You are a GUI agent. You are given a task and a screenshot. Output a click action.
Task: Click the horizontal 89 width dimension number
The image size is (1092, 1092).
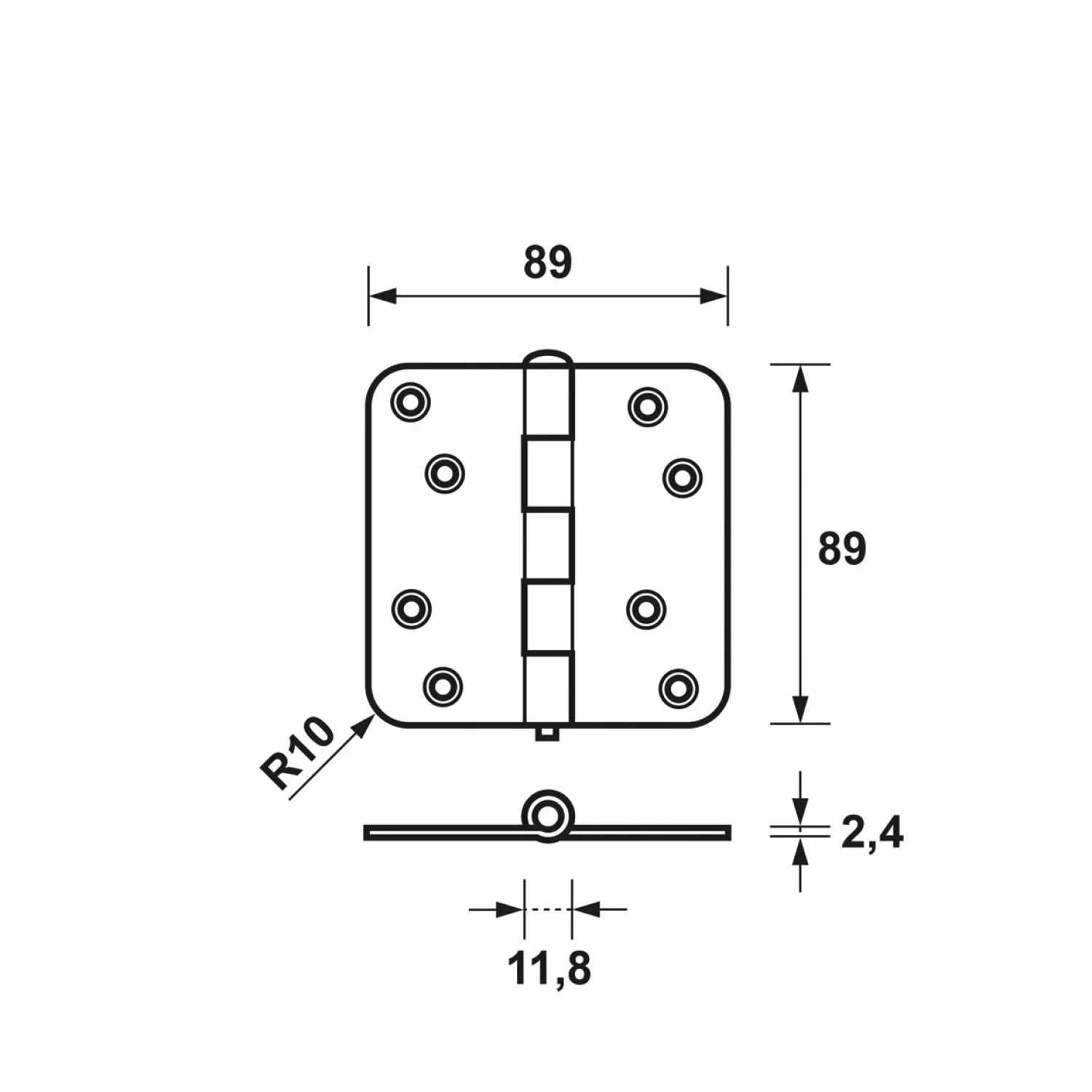point(547,264)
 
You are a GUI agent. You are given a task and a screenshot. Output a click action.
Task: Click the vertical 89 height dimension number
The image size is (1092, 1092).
point(842,549)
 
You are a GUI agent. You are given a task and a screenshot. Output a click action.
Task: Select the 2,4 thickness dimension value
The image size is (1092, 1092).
point(871,834)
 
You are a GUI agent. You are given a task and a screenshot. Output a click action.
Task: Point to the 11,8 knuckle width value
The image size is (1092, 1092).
point(549,969)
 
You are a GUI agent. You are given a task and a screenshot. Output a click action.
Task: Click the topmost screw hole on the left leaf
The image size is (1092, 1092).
point(411,402)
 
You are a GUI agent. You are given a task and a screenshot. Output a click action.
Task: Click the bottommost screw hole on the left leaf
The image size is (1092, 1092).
point(443,686)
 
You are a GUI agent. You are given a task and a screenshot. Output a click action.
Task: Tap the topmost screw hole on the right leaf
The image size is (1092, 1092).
point(647,405)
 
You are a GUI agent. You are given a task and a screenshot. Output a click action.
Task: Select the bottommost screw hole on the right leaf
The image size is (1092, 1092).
point(678,686)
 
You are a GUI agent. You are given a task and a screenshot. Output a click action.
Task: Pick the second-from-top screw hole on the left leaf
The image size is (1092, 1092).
point(445,474)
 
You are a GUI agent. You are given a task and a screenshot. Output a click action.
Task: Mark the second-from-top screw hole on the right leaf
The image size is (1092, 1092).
point(682,478)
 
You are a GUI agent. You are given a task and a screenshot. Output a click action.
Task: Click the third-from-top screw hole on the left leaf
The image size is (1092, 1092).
point(411,607)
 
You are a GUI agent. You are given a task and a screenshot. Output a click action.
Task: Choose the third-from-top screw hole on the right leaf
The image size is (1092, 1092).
point(646,608)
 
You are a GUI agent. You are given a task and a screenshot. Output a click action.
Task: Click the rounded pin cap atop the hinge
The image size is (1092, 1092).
point(547,358)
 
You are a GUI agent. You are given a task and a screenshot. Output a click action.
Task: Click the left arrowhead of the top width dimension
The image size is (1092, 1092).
point(382,296)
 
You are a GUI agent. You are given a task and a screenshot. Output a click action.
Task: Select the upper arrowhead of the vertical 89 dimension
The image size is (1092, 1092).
point(800,379)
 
